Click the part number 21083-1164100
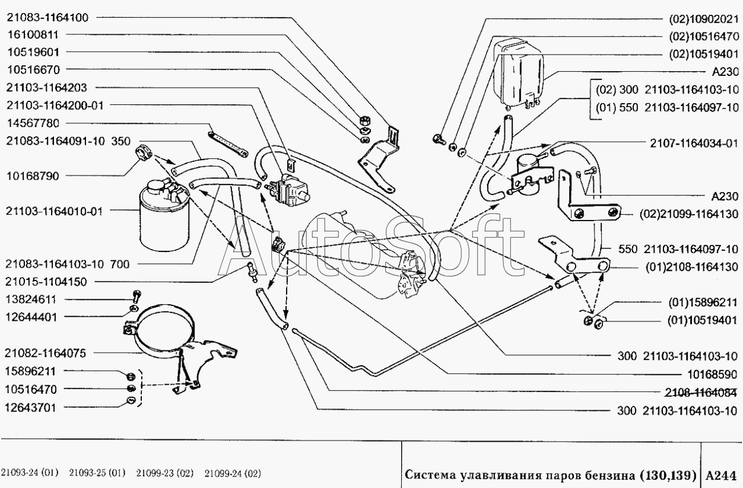(x=48, y=18)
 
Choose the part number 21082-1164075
(x=48, y=353)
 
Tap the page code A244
(x=722, y=474)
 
